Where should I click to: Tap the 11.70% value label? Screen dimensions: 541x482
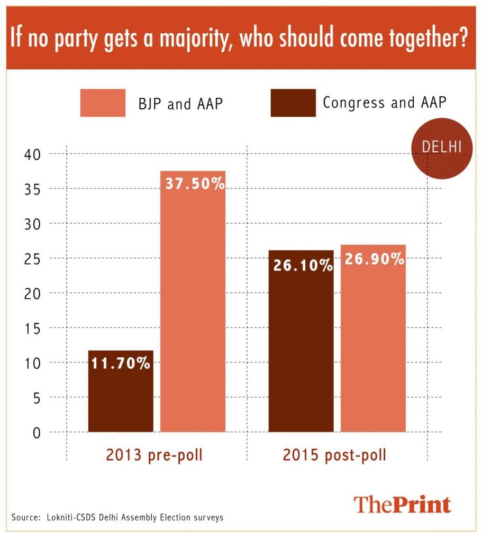coord(121,364)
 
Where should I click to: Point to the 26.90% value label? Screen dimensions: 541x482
coord(373,259)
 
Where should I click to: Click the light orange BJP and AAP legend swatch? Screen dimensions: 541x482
coord(103,102)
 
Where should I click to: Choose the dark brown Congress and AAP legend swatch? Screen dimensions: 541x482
coord(293,102)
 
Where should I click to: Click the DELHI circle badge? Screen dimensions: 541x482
coord(441,148)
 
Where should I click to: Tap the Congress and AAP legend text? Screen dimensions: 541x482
coord(384,102)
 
